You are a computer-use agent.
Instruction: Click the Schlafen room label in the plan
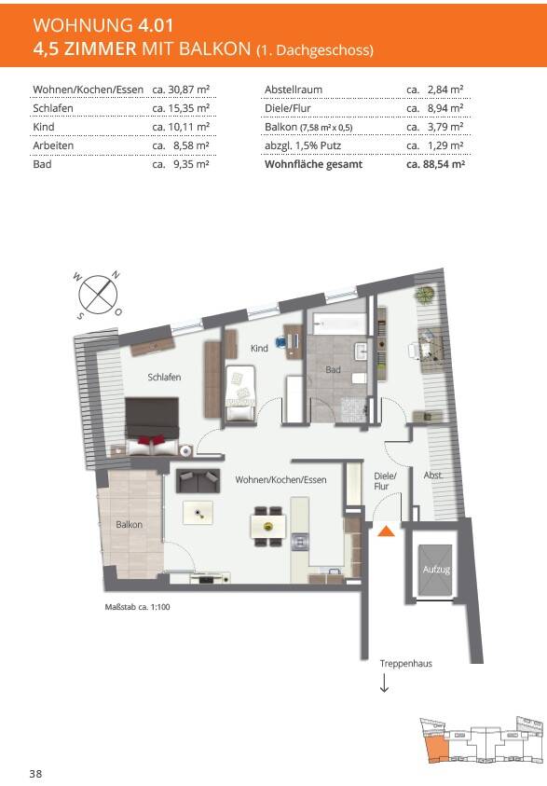[164, 378]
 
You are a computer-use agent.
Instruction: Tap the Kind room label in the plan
[259, 349]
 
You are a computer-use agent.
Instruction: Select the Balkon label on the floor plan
[129, 525]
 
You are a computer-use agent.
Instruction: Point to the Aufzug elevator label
[436, 570]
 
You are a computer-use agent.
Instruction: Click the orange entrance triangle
[386, 531]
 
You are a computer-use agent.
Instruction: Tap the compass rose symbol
[98, 295]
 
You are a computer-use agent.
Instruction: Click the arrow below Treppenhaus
[384, 683]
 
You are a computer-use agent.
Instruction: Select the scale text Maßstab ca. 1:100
[137, 607]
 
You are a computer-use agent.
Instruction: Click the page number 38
[35, 774]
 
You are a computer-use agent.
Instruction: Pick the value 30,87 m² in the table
[188, 90]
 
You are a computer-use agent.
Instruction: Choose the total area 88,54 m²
[443, 164]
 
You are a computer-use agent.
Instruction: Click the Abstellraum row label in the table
[294, 90]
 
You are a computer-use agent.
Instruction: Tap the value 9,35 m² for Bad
[191, 164]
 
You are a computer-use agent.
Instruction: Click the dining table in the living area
[268, 527]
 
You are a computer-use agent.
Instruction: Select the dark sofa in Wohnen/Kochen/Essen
[198, 481]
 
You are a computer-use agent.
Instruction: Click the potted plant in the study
[426, 293]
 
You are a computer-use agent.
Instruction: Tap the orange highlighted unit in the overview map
[436, 747]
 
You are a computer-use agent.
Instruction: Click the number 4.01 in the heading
[153, 25]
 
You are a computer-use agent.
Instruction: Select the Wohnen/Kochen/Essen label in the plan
[280, 480]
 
